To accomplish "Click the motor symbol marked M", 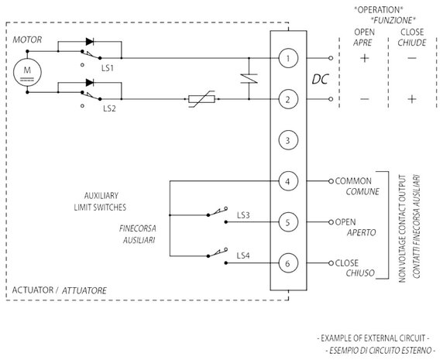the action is (x=27, y=72).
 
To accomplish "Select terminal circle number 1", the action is (x=288, y=58).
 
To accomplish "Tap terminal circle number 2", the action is (x=288, y=99).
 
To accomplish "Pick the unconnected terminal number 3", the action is (x=288, y=140).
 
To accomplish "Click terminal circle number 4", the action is (x=288, y=181).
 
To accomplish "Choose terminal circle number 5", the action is (x=288, y=222).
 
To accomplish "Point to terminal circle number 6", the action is (x=288, y=263).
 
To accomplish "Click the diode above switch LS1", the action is (x=90, y=42).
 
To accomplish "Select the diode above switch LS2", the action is (x=90, y=83).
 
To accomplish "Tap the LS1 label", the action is (x=108, y=68).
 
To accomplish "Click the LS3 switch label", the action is (x=243, y=215).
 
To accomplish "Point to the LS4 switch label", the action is (x=243, y=255).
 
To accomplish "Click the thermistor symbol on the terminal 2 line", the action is (x=201, y=99).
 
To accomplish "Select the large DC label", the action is (x=321, y=79).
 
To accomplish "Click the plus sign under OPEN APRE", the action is (x=365, y=58).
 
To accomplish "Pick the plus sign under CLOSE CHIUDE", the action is (x=412, y=99).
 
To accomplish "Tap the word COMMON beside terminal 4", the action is (x=353, y=181).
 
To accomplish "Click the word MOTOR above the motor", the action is (x=27, y=39).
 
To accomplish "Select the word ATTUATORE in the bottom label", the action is (x=84, y=290).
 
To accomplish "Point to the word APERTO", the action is (x=362, y=233).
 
